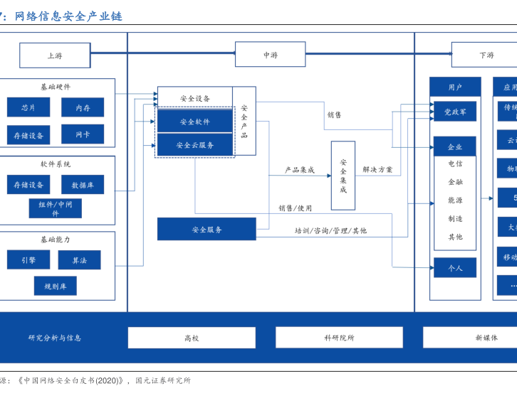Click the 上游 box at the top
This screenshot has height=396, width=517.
coord(55,55)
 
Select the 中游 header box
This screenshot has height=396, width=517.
coord(270,55)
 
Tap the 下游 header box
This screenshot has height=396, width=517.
coord(486,55)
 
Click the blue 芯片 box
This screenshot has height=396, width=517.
coord(28,107)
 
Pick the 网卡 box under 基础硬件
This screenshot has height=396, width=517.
coord(82,134)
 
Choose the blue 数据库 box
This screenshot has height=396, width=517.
coord(82,185)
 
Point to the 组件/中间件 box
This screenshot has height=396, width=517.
coord(55,208)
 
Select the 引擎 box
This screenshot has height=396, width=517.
coord(28,260)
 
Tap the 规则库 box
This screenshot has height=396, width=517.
coord(55,286)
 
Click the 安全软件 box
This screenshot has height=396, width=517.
coord(194,122)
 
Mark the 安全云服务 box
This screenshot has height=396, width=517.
coord(194,145)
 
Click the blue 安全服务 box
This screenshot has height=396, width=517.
coord(207,229)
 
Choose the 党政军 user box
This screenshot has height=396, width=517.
coord(455,112)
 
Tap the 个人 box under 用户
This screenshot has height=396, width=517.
coord(455,268)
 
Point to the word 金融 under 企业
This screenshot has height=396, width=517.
coord(455,182)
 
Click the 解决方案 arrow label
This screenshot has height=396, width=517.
coord(377,170)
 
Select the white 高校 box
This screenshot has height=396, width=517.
coord(192,338)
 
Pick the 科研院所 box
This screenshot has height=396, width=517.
coord(339,338)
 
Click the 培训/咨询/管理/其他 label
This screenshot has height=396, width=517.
coord(330,230)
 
